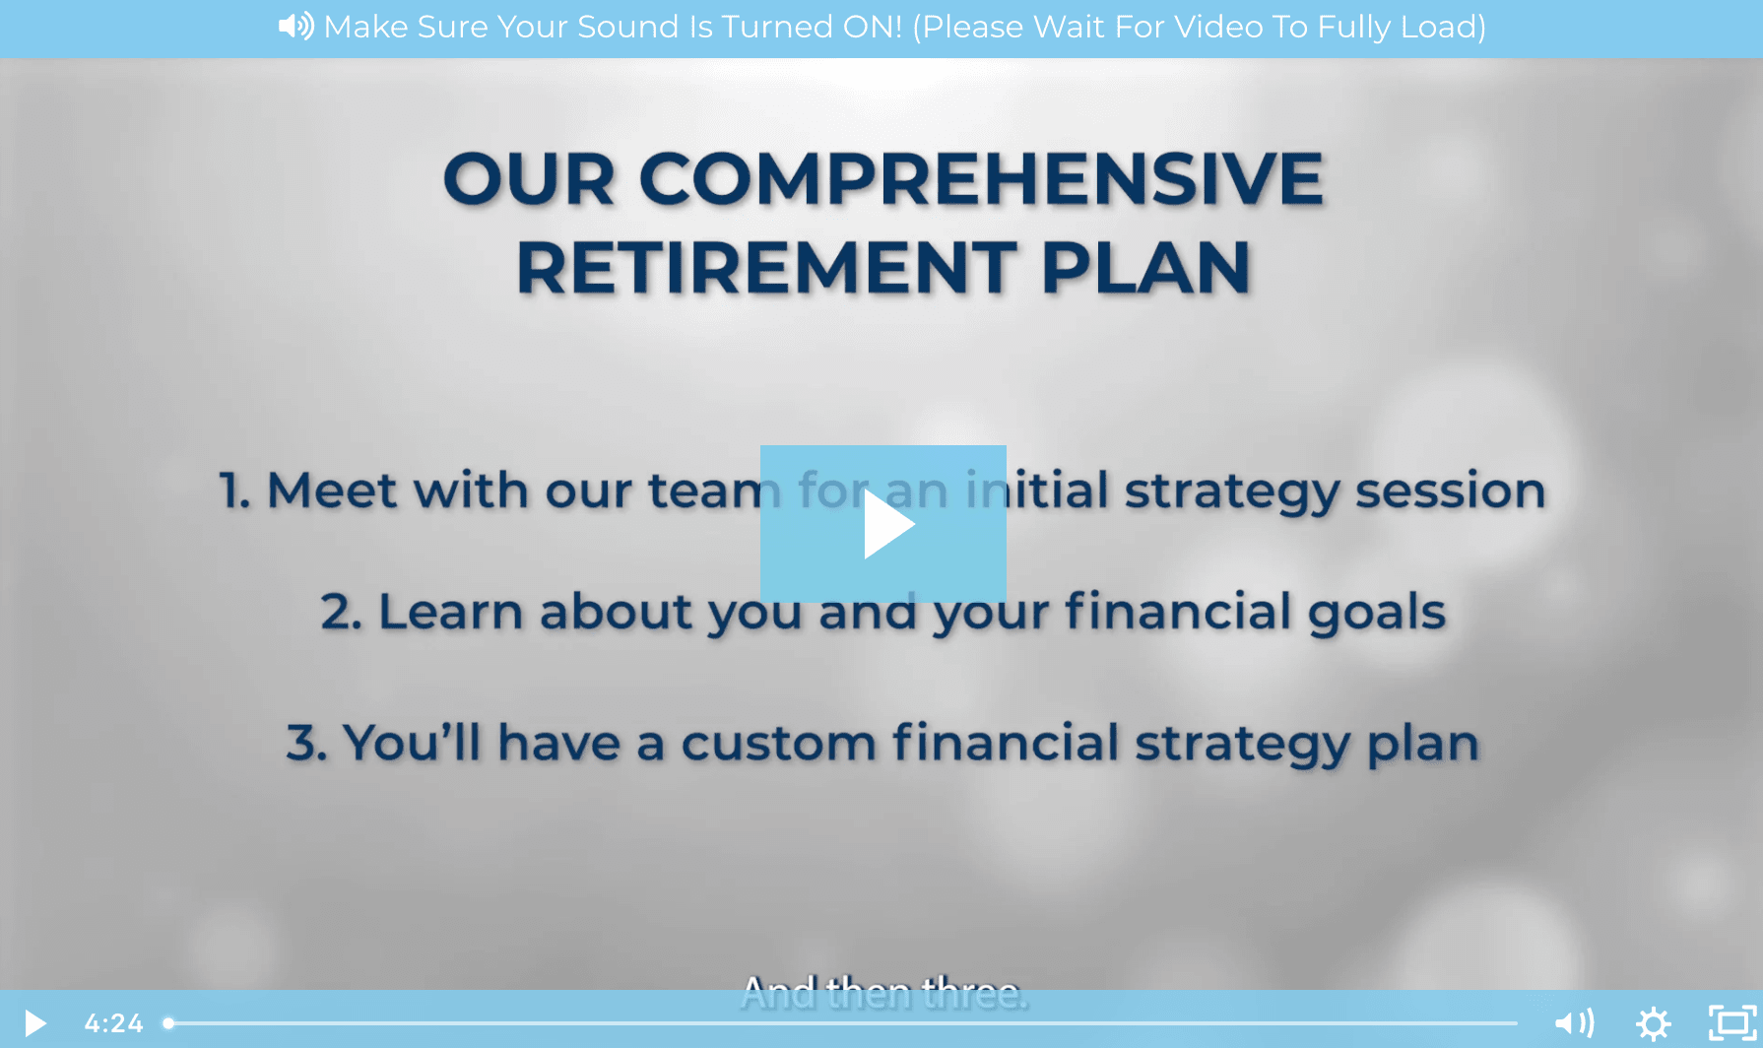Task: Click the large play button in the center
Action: coord(883,524)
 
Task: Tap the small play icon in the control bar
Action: coord(35,1023)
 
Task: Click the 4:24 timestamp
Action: coord(113,1023)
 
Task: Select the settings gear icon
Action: coord(1654,1023)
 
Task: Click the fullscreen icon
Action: coord(1732,1022)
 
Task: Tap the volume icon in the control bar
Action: coord(1575,1023)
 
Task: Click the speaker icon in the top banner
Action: coord(295,26)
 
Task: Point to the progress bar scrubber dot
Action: coord(168,1023)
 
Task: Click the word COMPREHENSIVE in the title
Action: coord(981,179)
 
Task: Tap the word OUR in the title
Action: coord(529,179)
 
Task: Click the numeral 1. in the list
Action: coord(234,491)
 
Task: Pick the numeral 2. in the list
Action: coord(342,612)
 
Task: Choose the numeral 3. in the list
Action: coord(306,743)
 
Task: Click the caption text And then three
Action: coord(883,993)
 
